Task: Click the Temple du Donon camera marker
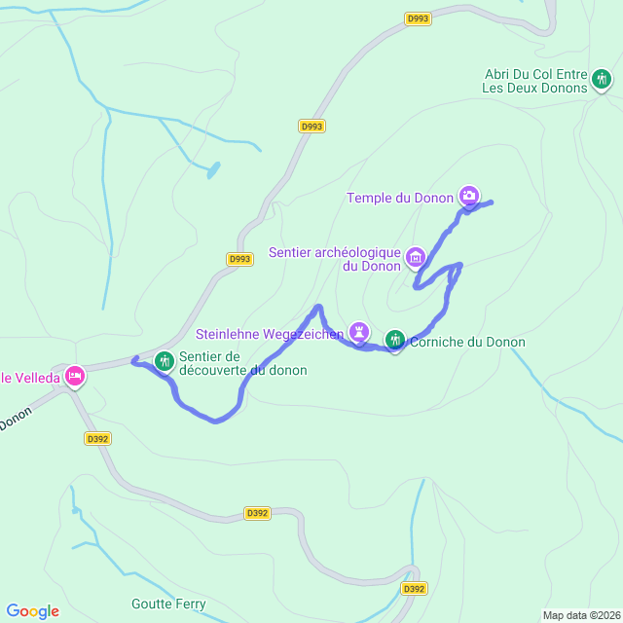pyautogui.click(x=469, y=196)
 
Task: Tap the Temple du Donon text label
pyautogui.click(x=400, y=199)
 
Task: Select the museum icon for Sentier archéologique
pyautogui.click(x=416, y=257)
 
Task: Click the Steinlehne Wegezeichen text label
pyautogui.click(x=275, y=335)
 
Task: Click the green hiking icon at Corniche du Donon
pyautogui.click(x=394, y=339)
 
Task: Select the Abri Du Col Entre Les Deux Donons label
pyautogui.click(x=535, y=81)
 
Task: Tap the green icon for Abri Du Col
pyautogui.click(x=602, y=79)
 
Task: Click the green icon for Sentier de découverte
pyautogui.click(x=164, y=361)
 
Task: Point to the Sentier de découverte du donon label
pyautogui.click(x=242, y=363)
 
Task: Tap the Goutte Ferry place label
pyautogui.click(x=168, y=605)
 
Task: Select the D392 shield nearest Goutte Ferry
pyautogui.click(x=414, y=589)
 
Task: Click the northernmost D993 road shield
pyautogui.click(x=418, y=18)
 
